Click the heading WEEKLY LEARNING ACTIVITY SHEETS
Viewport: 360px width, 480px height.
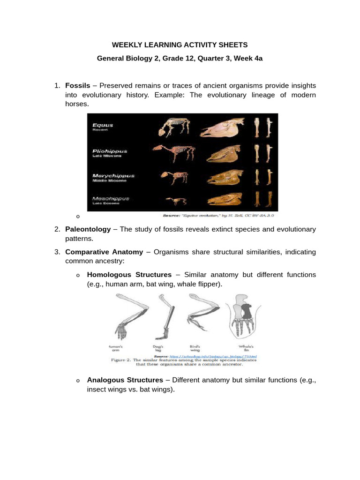pos(180,45)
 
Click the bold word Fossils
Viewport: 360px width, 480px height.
pos(78,86)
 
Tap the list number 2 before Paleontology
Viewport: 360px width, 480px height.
pos(57,229)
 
